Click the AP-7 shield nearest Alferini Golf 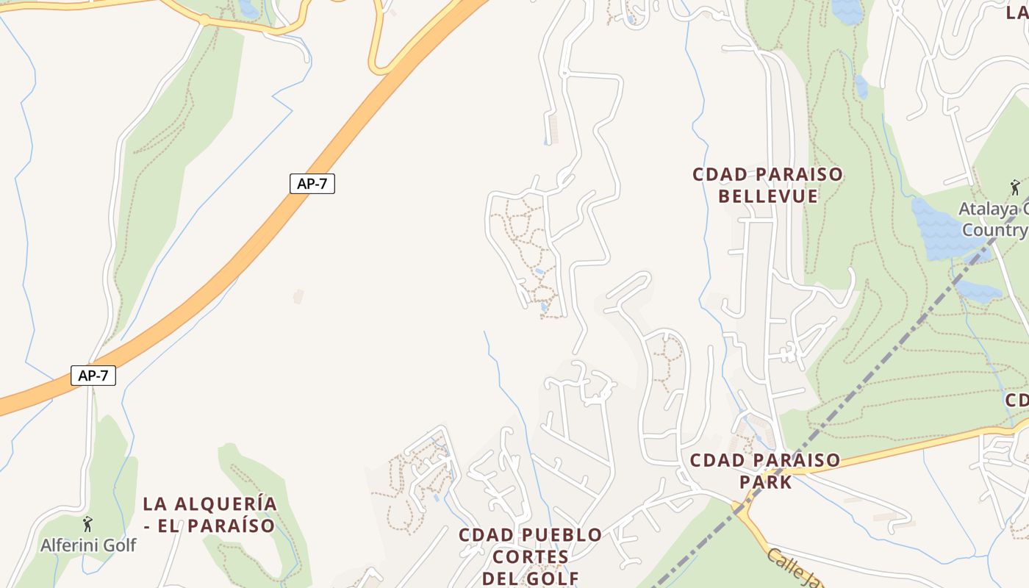coord(93,376)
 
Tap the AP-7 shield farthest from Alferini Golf coord(312,184)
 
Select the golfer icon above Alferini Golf coord(88,524)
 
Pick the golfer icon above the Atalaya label coord(1015,187)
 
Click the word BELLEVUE coord(768,196)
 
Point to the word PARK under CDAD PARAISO coord(765,482)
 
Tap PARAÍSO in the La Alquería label coord(231,526)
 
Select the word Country coord(994,230)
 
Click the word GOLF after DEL coord(553,578)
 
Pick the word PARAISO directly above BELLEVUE coord(798,175)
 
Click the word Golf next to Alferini coord(121,545)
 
